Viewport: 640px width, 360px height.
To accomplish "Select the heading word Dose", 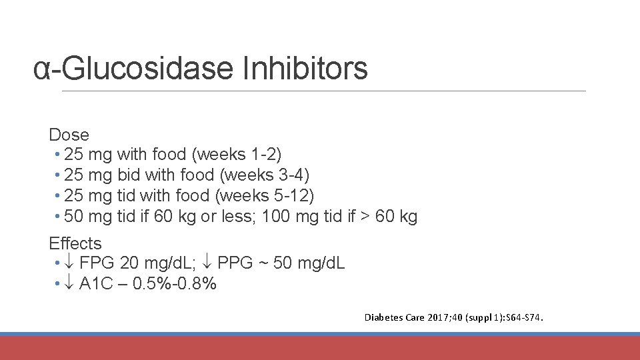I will click(69, 135).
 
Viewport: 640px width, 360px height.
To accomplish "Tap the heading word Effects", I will click(75, 243).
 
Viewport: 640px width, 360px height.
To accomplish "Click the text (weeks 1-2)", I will click(237, 155).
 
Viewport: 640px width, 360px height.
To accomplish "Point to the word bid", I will click(129, 175).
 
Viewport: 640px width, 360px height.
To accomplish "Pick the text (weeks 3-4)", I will click(265, 175).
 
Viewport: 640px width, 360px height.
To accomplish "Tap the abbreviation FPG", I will click(97, 263).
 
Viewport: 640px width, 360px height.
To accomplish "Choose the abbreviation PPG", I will click(235, 263).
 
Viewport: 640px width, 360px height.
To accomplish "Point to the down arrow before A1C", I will click(70, 284).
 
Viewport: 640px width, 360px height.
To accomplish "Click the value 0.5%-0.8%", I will click(175, 284).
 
